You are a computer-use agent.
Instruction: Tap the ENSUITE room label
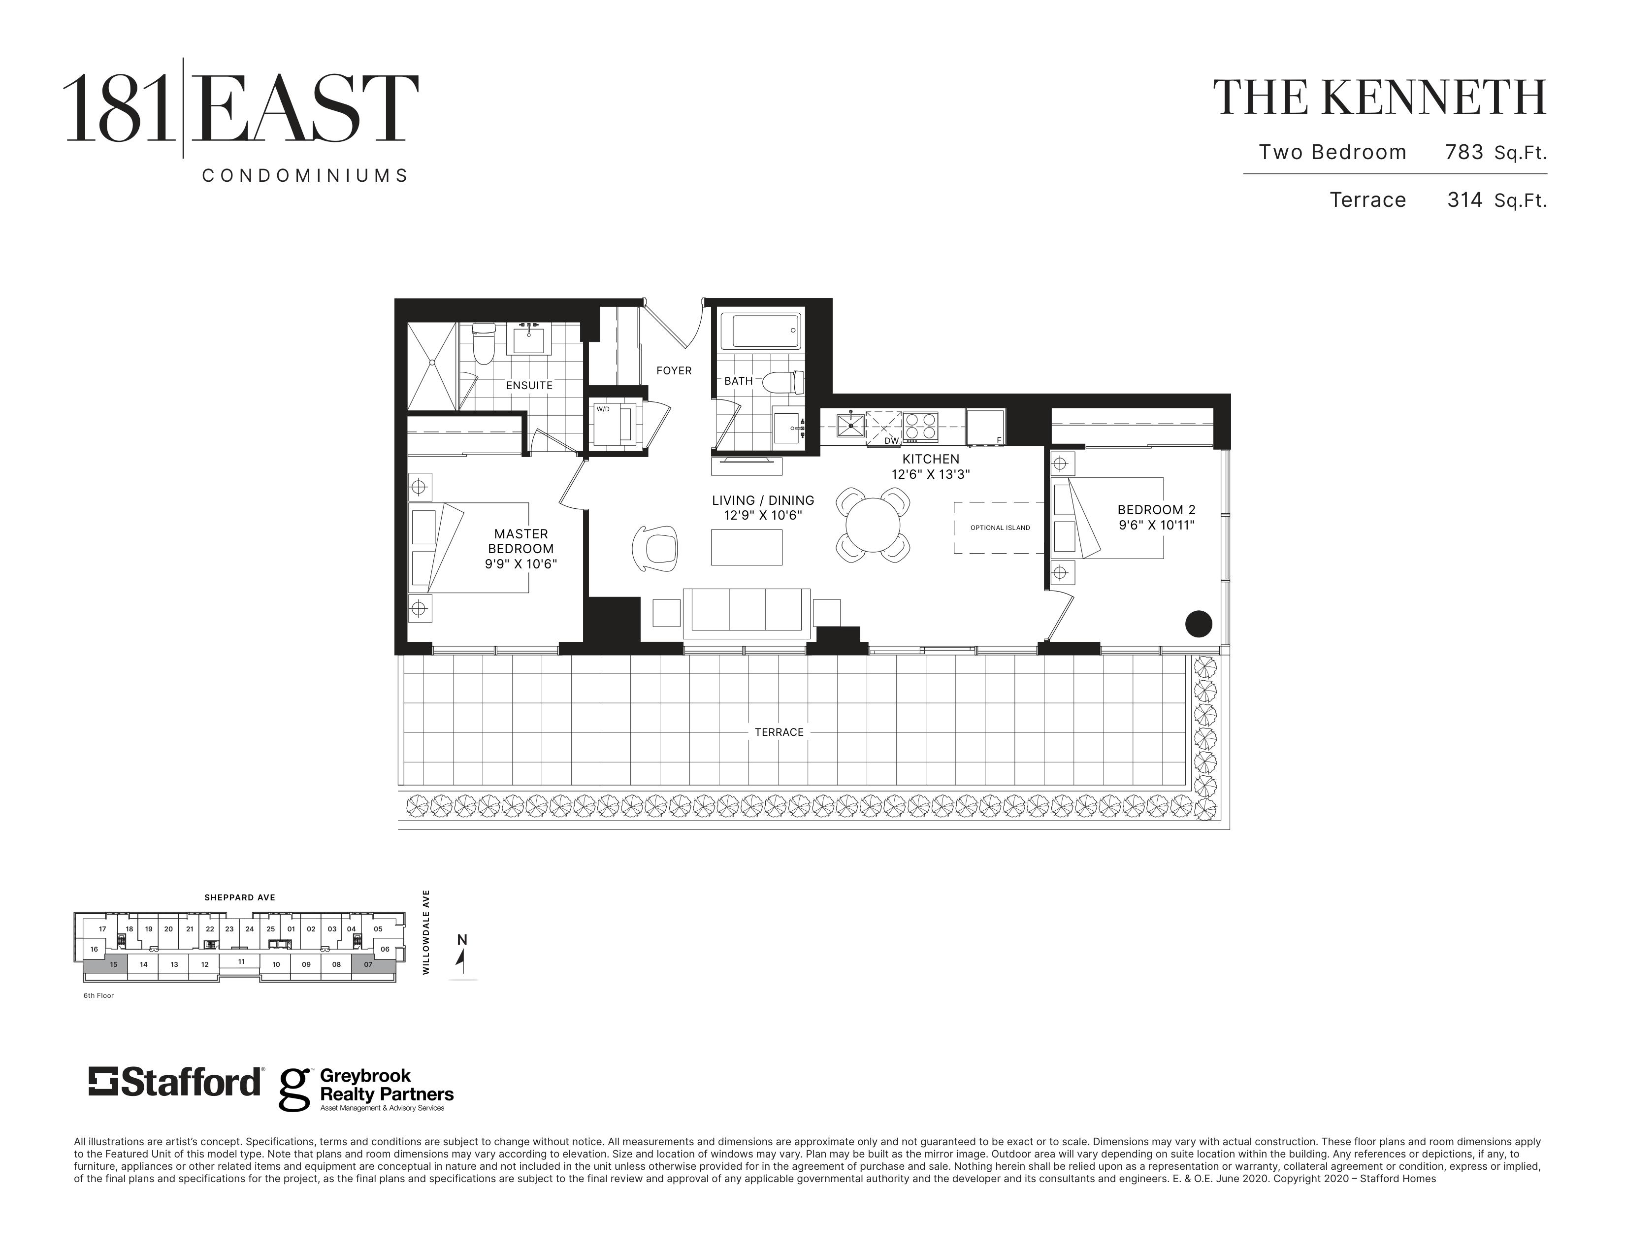point(529,386)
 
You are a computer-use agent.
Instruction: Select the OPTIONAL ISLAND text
point(1000,528)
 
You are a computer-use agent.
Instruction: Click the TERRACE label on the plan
point(779,732)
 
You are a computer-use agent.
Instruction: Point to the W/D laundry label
point(603,409)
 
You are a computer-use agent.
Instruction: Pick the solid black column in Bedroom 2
point(1198,624)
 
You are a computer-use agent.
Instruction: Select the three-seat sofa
point(747,612)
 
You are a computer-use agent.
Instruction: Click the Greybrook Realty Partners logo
point(366,1090)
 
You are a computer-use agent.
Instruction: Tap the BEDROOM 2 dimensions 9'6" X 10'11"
point(1156,526)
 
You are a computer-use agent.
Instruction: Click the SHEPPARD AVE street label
point(240,897)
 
